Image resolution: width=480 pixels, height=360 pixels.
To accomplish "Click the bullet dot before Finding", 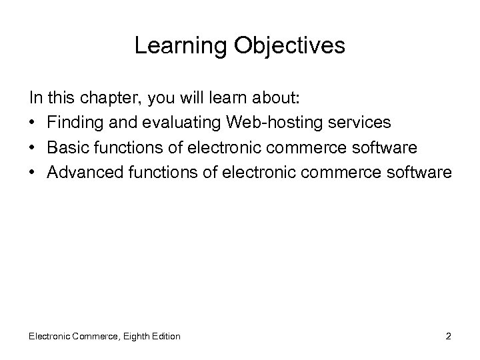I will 33,124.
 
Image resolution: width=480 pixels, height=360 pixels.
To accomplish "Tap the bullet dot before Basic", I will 33,148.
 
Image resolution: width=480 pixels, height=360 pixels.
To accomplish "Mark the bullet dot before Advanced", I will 33,172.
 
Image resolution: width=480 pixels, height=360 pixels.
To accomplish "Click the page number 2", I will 449,336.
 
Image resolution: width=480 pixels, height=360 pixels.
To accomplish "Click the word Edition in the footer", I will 165,336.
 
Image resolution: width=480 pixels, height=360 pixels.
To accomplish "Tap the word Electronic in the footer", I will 51,336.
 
